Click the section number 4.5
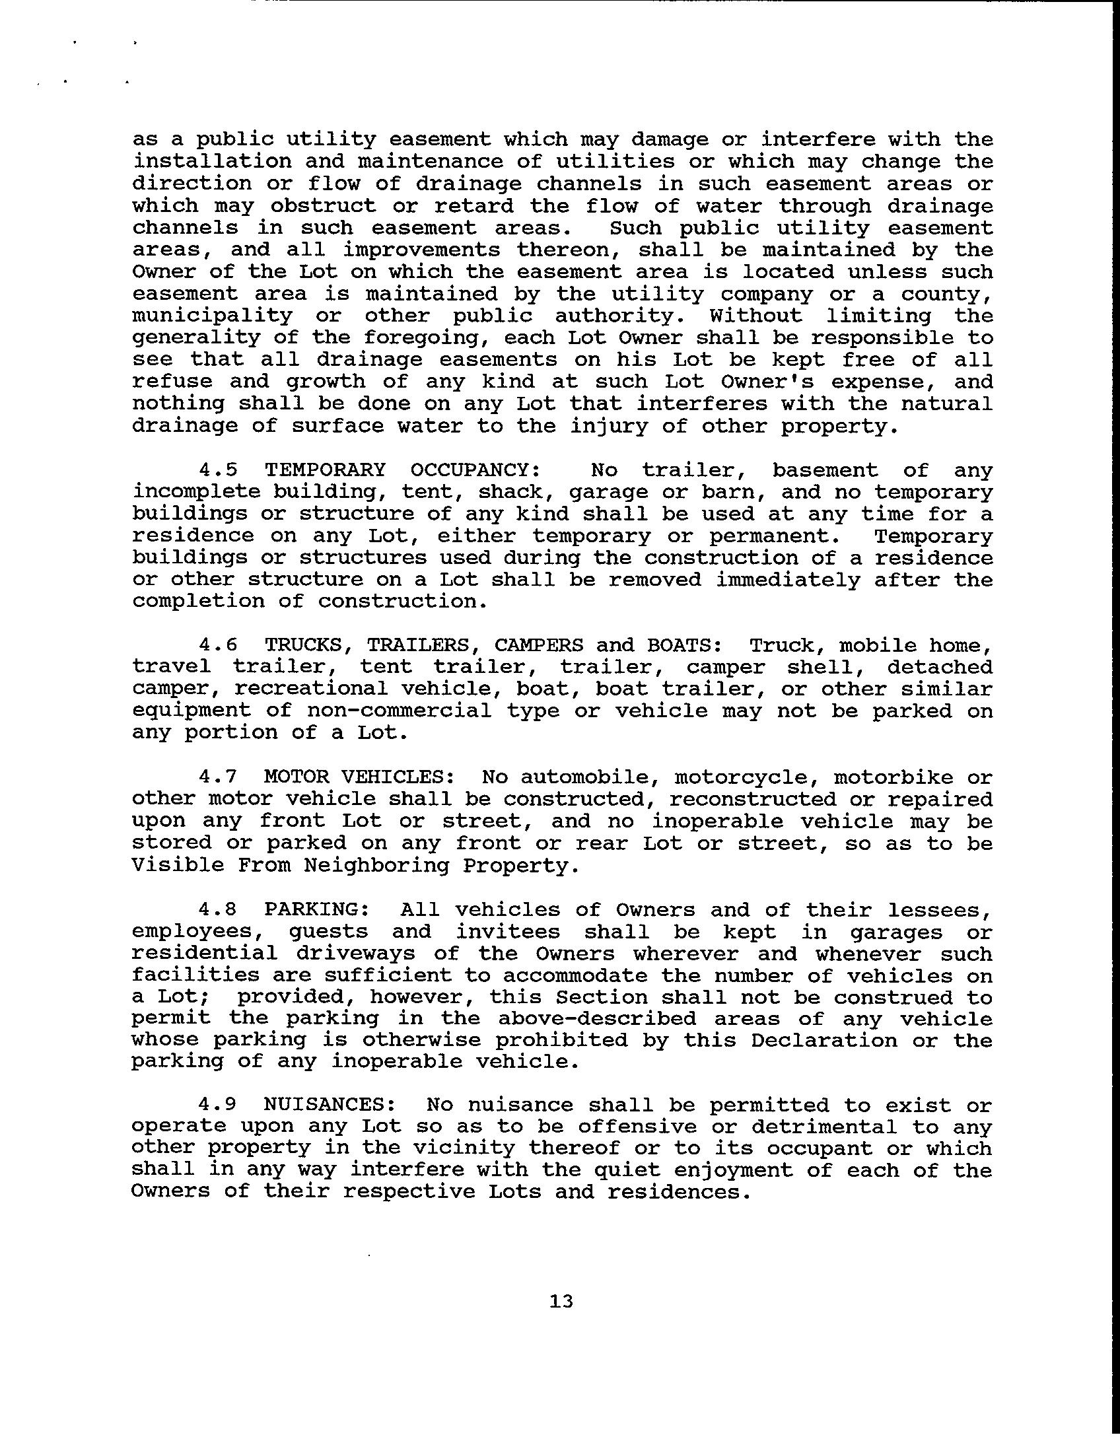(218, 470)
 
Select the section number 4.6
(218, 645)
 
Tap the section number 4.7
(218, 777)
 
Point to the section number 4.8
(218, 909)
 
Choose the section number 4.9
(218, 1105)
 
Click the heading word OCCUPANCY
(475, 470)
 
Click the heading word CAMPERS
(539, 645)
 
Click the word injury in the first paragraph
(609, 427)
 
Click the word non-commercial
(400, 711)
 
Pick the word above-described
(597, 1019)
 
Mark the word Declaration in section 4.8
(824, 1041)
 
